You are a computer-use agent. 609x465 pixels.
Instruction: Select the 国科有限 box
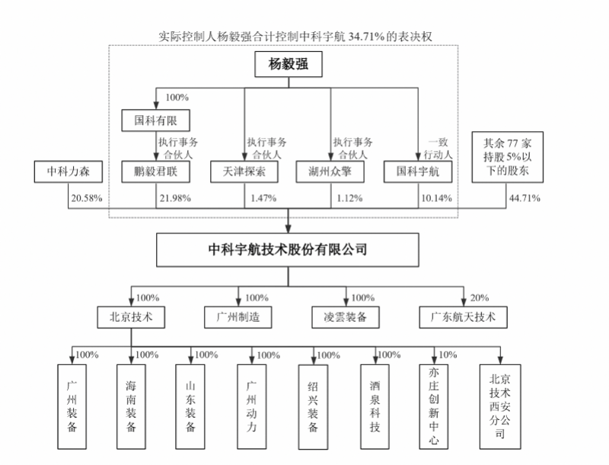click(x=155, y=121)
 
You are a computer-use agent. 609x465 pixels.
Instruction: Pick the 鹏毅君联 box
click(x=155, y=172)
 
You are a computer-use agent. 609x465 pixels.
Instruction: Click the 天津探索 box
click(x=243, y=172)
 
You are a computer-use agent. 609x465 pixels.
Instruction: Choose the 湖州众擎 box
click(x=330, y=172)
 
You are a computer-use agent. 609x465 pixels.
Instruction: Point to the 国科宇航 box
click(x=417, y=172)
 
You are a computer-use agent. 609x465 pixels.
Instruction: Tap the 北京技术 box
click(x=131, y=316)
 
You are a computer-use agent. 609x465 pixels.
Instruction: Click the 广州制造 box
click(x=238, y=316)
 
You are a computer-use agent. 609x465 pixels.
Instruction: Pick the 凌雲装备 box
click(x=346, y=316)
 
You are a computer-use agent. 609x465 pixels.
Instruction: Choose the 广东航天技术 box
click(x=463, y=316)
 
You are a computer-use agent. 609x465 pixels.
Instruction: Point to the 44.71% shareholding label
click(x=524, y=199)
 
